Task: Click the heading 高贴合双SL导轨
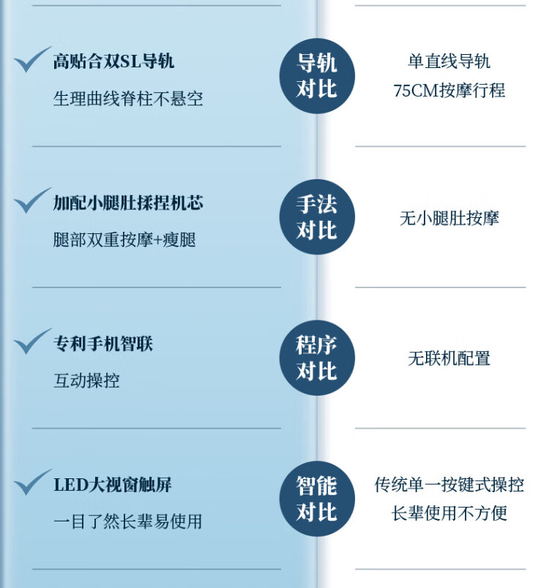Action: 113,61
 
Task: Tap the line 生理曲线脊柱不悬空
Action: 128,99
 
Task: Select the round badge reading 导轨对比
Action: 317,76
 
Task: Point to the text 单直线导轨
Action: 449,61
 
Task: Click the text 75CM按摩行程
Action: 449,91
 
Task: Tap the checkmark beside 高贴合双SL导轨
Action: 32,59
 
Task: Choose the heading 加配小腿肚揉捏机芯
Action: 128,203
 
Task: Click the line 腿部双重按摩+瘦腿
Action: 124,240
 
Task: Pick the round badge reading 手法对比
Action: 317,216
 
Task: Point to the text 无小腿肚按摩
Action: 449,218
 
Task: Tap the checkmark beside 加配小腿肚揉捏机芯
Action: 32,200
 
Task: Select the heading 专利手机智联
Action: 102,344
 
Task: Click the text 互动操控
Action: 86,380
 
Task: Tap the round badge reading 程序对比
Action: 317,358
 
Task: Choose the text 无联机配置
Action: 449,358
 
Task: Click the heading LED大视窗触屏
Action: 113,484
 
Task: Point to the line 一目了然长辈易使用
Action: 127,521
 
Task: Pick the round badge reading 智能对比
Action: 317,499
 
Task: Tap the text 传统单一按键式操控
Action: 449,484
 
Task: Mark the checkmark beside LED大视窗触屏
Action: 32,482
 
